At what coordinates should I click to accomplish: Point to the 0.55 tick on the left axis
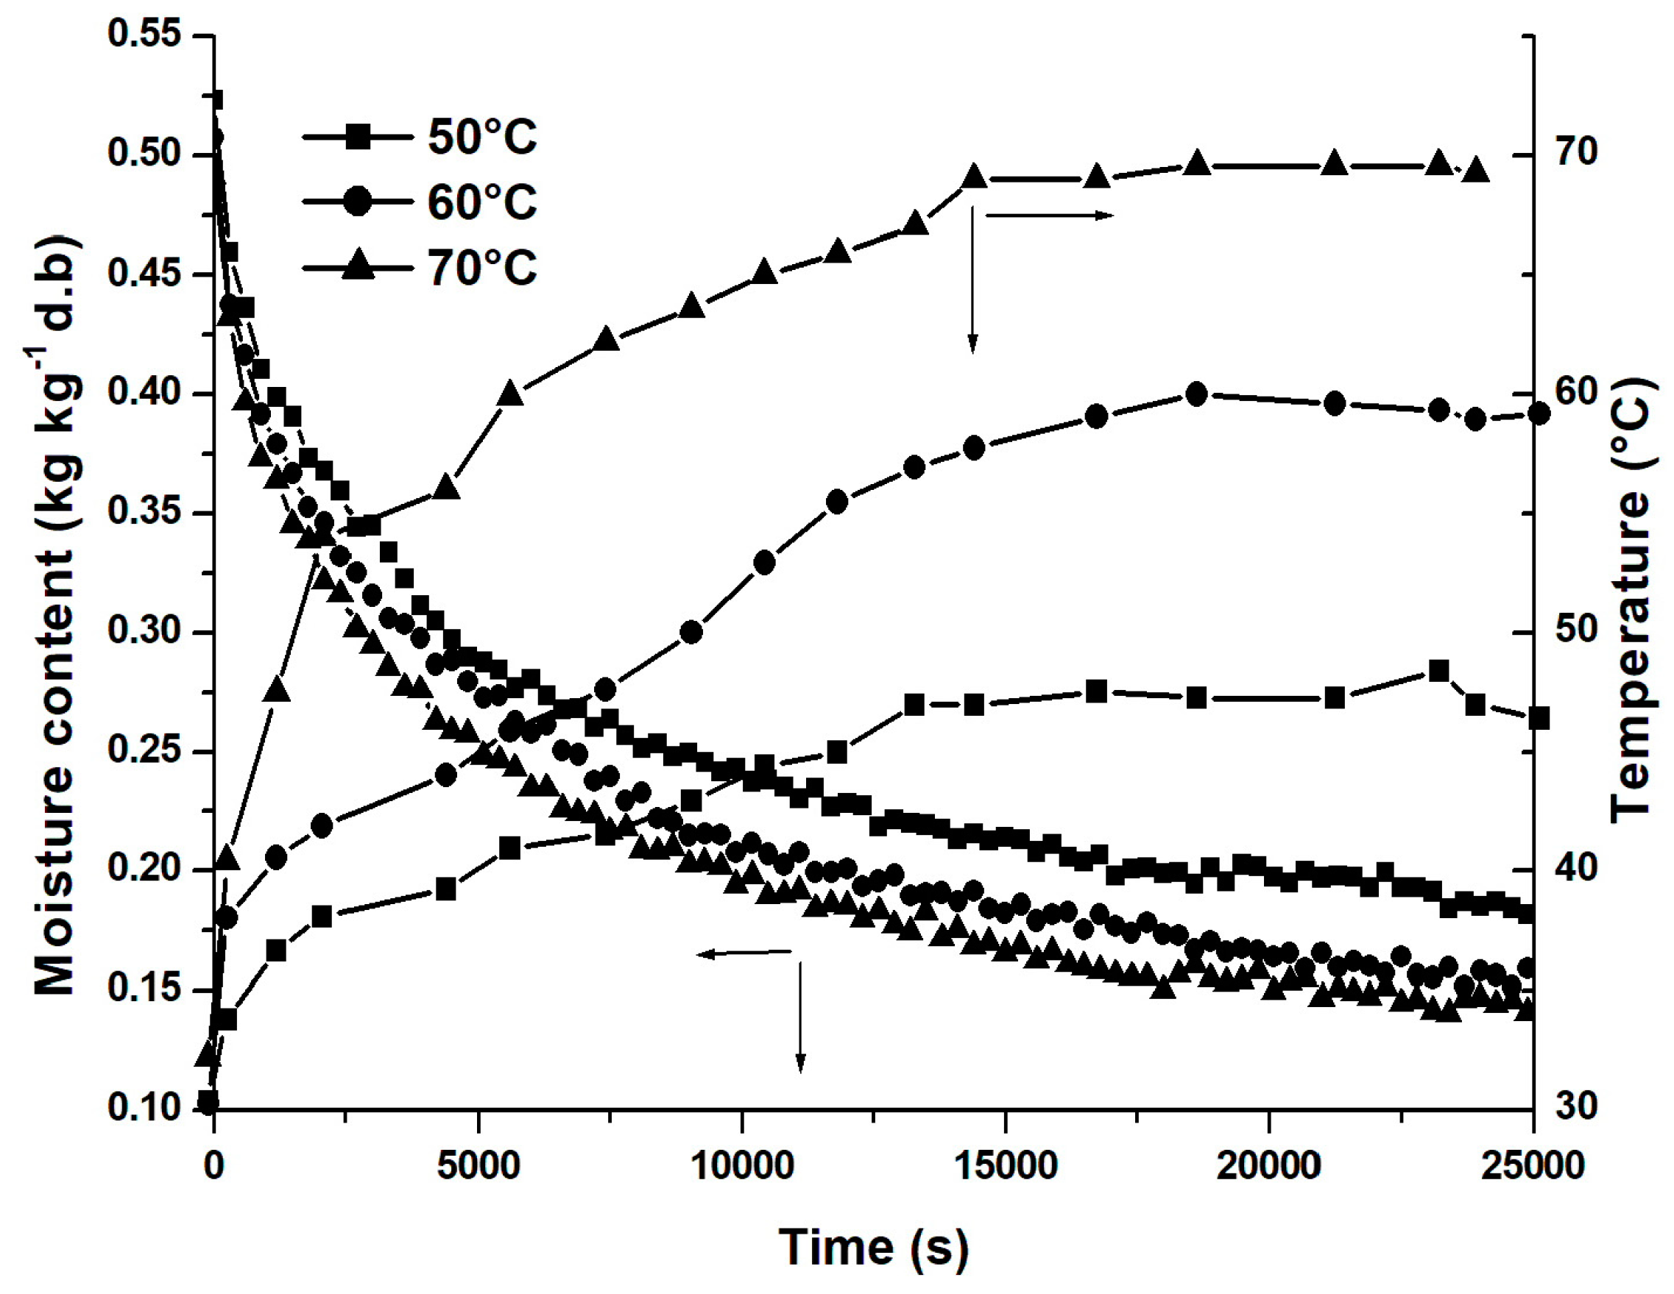pyautogui.click(x=144, y=35)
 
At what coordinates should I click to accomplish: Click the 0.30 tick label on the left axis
pyautogui.click(x=144, y=631)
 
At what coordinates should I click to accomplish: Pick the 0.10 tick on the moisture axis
pyautogui.click(x=144, y=1108)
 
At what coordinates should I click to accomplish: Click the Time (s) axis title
pyautogui.click(x=873, y=1247)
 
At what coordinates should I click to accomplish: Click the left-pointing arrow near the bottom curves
pyautogui.click(x=744, y=953)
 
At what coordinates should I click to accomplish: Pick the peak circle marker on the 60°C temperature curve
pyautogui.click(x=1196, y=394)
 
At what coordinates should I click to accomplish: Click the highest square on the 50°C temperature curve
pyautogui.click(x=1438, y=670)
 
